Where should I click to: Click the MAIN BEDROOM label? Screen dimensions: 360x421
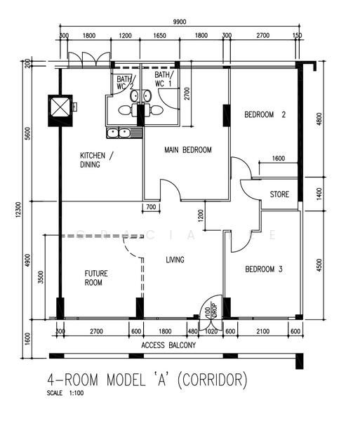188,149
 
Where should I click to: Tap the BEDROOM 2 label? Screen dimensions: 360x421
265,114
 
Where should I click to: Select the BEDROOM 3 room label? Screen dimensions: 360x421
264,269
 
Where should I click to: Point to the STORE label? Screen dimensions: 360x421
279,194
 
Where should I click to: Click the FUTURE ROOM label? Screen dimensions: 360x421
96,278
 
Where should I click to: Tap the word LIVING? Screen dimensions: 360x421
175,260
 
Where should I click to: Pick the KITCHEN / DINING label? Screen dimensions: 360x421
97,160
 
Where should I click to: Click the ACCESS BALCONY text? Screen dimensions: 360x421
168,345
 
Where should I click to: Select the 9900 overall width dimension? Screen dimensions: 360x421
180,22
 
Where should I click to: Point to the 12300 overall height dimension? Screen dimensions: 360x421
18,210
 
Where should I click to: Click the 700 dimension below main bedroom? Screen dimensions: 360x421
151,207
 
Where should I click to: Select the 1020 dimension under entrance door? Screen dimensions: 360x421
211,331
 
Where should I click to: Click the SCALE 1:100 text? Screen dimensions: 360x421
65,393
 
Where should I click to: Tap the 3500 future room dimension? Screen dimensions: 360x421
41,277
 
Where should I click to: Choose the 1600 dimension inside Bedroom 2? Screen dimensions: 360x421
279,159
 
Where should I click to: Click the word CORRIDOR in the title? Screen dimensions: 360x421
212,380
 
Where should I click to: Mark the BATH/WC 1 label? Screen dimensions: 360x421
164,79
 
